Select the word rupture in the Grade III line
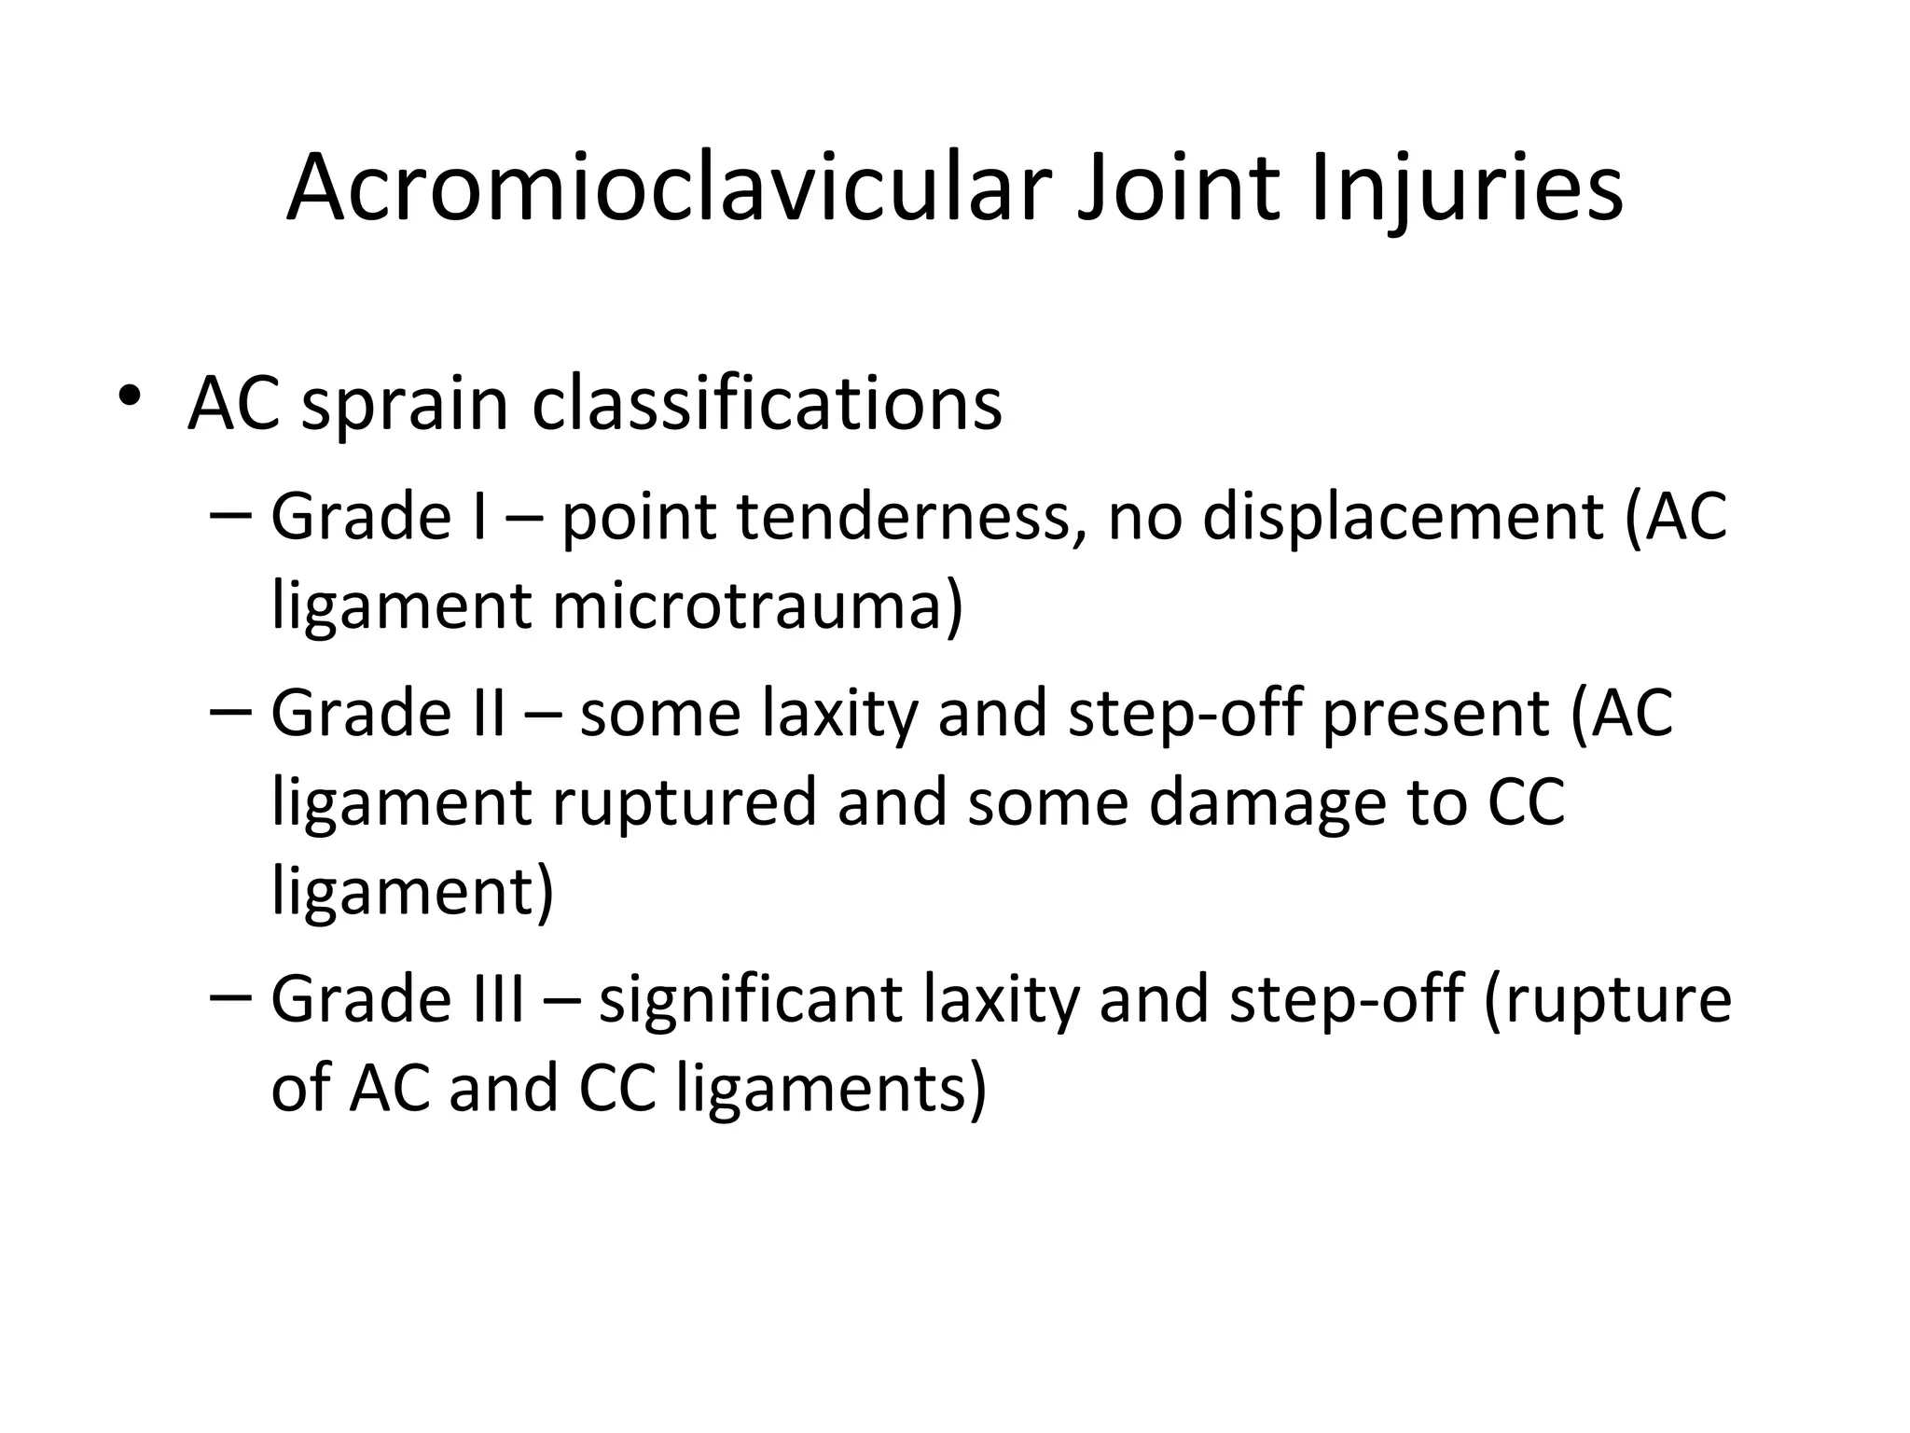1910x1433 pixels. pyautogui.click(x=1606, y=1000)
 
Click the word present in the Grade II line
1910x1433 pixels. pyautogui.click(x=1435, y=714)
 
